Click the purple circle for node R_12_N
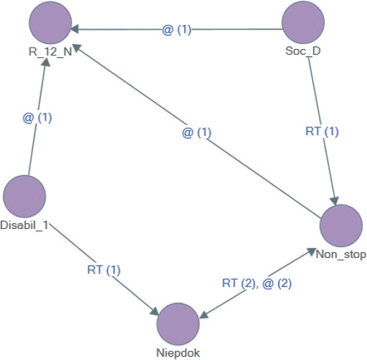coord(51,24)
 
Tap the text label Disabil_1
coord(25,225)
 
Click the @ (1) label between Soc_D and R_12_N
coord(177,30)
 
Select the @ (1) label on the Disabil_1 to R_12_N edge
coord(37,118)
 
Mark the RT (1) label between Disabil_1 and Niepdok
coord(104,269)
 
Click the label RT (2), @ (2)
coord(257,283)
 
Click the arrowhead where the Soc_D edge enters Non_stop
coord(335,201)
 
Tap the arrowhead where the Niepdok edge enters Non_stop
coord(313,250)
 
